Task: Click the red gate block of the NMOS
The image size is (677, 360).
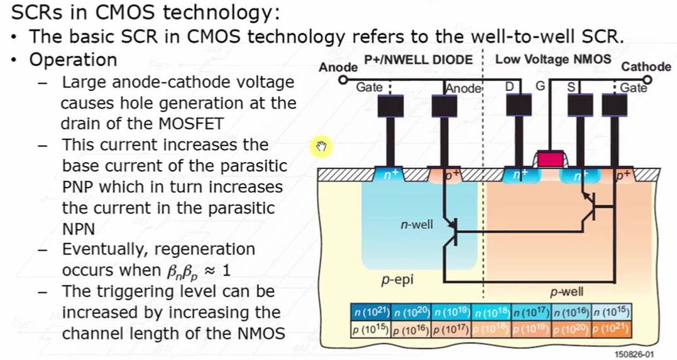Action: (548, 159)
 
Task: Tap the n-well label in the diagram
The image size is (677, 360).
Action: (417, 224)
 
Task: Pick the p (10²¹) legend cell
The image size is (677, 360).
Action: (611, 329)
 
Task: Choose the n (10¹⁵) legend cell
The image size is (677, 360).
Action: (611, 312)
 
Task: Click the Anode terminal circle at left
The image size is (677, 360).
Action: (343, 80)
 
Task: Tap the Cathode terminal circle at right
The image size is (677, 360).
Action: (648, 80)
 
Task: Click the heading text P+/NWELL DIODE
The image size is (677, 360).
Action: (418, 60)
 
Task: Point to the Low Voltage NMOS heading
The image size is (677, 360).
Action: (553, 60)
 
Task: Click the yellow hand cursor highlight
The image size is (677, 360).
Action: (322, 148)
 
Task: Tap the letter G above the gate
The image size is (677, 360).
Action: (539, 87)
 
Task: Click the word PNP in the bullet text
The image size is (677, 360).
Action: (80, 187)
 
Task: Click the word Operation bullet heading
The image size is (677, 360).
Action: (73, 60)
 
